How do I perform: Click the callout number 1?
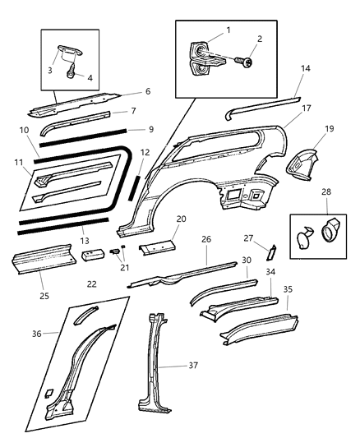(x=228, y=30)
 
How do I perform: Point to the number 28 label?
(x=326, y=214)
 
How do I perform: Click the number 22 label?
(x=91, y=284)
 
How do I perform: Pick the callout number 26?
(x=206, y=239)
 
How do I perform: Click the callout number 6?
(x=147, y=92)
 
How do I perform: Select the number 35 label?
(x=288, y=289)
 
